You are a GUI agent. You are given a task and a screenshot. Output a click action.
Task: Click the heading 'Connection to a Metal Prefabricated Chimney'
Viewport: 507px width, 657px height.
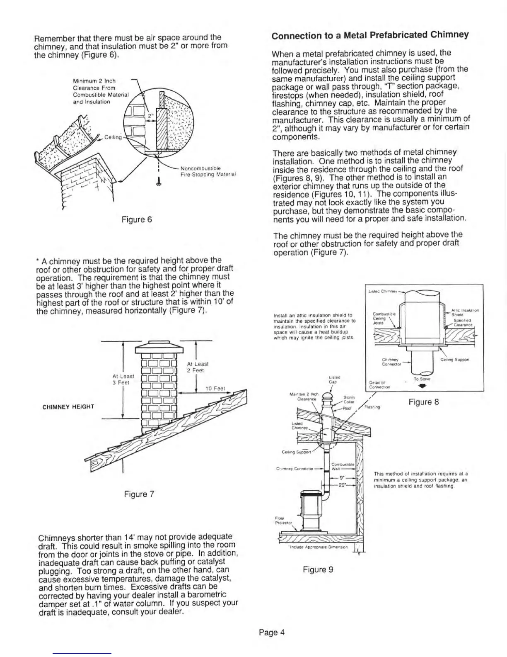[370, 35]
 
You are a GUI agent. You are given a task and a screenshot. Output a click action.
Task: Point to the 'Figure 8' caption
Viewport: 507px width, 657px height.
[423, 401]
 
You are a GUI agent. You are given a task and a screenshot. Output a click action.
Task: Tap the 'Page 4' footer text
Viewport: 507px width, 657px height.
[272, 633]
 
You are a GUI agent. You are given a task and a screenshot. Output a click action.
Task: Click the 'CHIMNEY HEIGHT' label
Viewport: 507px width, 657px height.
[68, 406]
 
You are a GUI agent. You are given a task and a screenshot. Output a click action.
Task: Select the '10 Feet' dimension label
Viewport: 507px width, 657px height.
[215, 389]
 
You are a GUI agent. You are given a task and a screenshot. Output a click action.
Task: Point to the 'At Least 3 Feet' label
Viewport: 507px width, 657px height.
[121, 379]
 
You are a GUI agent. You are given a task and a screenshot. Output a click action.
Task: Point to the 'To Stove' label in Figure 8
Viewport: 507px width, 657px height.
[424, 379]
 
